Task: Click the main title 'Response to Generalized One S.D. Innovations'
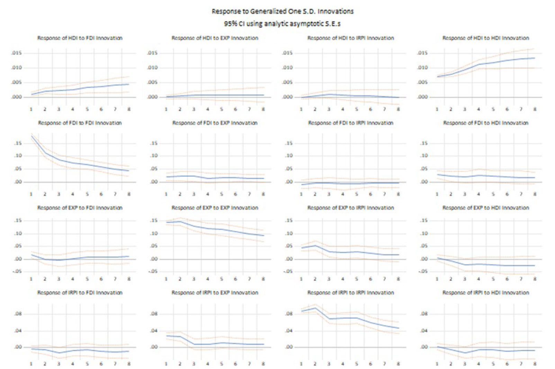click(x=283, y=11)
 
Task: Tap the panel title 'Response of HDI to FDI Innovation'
click(x=80, y=38)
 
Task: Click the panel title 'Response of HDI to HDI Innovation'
click(x=486, y=38)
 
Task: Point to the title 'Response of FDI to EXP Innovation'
click(x=215, y=123)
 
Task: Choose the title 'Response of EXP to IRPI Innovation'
click(x=351, y=208)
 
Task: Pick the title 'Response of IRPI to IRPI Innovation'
click(x=351, y=293)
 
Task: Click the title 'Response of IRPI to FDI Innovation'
click(x=80, y=293)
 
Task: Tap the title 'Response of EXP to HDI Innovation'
click(x=486, y=208)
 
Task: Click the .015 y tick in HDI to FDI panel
click(x=16, y=53)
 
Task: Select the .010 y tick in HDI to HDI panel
click(x=422, y=68)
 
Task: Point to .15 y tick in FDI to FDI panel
click(x=18, y=143)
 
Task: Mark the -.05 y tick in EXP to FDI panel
click(x=17, y=272)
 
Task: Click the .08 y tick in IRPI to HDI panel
click(x=424, y=314)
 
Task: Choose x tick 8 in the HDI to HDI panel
click(x=535, y=109)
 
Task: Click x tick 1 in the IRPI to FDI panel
click(x=31, y=364)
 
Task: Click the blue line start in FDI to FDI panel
click(x=32, y=136)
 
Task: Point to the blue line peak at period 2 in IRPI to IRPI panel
click(x=315, y=308)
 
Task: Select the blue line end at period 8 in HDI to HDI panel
click(x=535, y=58)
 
